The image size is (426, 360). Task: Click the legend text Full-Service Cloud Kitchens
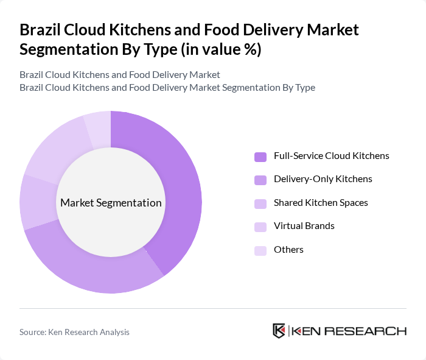(331, 156)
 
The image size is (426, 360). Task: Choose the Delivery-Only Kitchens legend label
(323, 179)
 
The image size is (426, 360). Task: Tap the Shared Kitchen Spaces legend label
(321, 202)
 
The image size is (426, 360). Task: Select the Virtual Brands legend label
(304, 226)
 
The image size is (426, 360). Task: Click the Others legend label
(288, 249)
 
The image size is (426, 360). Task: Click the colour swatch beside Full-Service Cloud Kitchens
(260, 157)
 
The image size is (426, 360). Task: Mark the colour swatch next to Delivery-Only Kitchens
(260, 180)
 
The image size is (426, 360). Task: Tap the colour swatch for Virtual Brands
(260, 227)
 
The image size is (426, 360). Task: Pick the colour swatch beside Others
(260, 250)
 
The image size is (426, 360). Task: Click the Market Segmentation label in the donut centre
(111, 203)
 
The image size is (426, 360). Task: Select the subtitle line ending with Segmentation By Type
(167, 87)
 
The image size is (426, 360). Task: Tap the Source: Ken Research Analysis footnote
(74, 332)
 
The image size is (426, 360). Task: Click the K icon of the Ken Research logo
(279, 331)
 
